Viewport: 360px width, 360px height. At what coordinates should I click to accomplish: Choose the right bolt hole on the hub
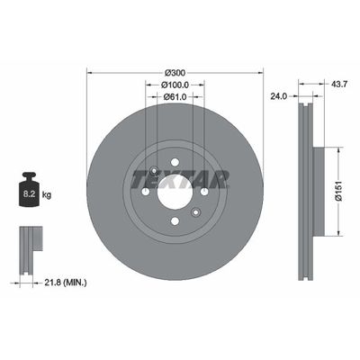tap(204, 191)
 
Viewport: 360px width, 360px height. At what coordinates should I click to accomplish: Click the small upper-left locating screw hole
tap(155, 171)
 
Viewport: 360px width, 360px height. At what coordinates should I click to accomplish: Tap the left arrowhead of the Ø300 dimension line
tap(90, 71)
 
